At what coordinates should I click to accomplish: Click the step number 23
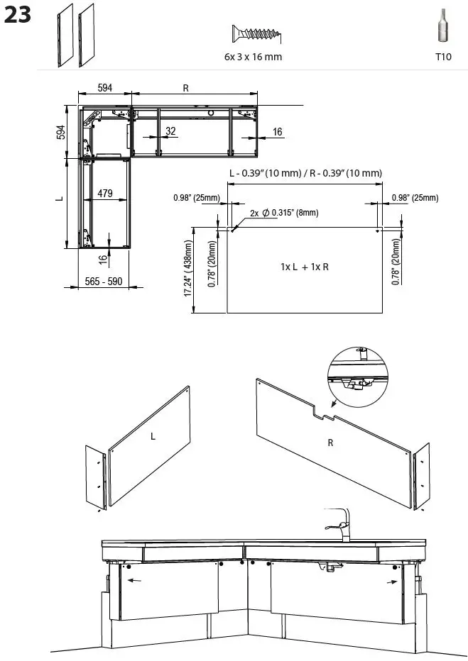[x=18, y=16]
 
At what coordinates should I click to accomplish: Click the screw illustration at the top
[x=257, y=33]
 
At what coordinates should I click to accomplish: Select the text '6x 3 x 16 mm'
[x=248, y=57]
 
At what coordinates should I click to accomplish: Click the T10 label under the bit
[x=443, y=57]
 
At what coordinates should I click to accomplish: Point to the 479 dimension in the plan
[x=105, y=194]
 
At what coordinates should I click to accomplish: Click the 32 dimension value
[x=170, y=131]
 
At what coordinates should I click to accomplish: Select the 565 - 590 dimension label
[x=104, y=282]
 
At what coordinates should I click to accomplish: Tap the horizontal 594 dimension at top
[x=105, y=88]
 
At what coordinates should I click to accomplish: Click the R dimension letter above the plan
[x=185, y=88]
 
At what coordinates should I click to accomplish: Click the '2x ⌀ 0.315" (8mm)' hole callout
[x=284, y=213]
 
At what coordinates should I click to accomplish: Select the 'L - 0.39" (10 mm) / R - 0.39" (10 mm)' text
[x=305, y=174]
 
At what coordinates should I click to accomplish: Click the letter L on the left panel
[x=152, y=437]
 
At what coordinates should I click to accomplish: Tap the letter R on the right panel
[x=330, y=443]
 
